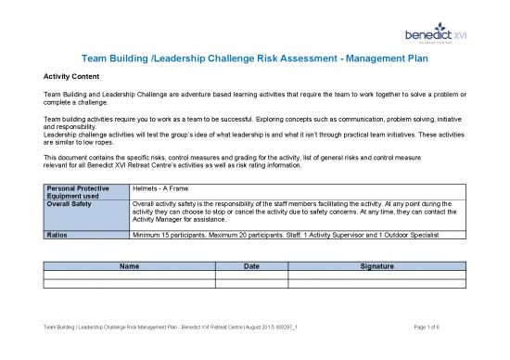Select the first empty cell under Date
(251, 275)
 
